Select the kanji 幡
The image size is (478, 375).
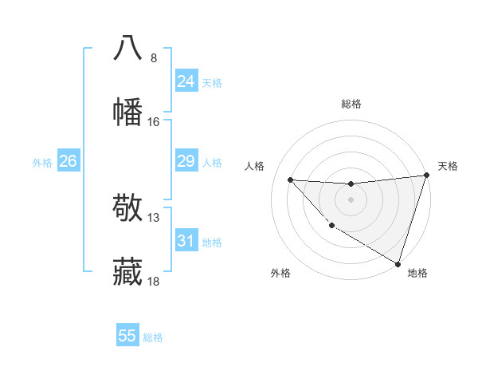coord(128,112)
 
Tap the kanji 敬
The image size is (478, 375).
coord(128,209)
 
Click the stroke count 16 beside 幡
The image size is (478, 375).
coord(154,122)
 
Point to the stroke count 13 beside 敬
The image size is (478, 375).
coord(154,218)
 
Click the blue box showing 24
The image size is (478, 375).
coord(186,81)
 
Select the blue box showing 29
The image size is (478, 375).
coord(186,162)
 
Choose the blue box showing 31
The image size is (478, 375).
coord(186,241)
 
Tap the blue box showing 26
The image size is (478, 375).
coord(68,162)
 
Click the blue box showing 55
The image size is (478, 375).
coord(127,336)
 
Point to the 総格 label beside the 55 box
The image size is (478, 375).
coord(154,337)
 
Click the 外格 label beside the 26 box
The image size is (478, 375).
coord(42,163)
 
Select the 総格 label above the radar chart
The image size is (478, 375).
coord(351,104)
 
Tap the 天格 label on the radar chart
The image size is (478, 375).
coord(448,166)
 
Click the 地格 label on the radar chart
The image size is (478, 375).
coord(417,273)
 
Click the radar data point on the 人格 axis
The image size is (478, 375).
coord(291,180)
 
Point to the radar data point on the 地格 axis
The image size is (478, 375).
coord(398,263)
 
